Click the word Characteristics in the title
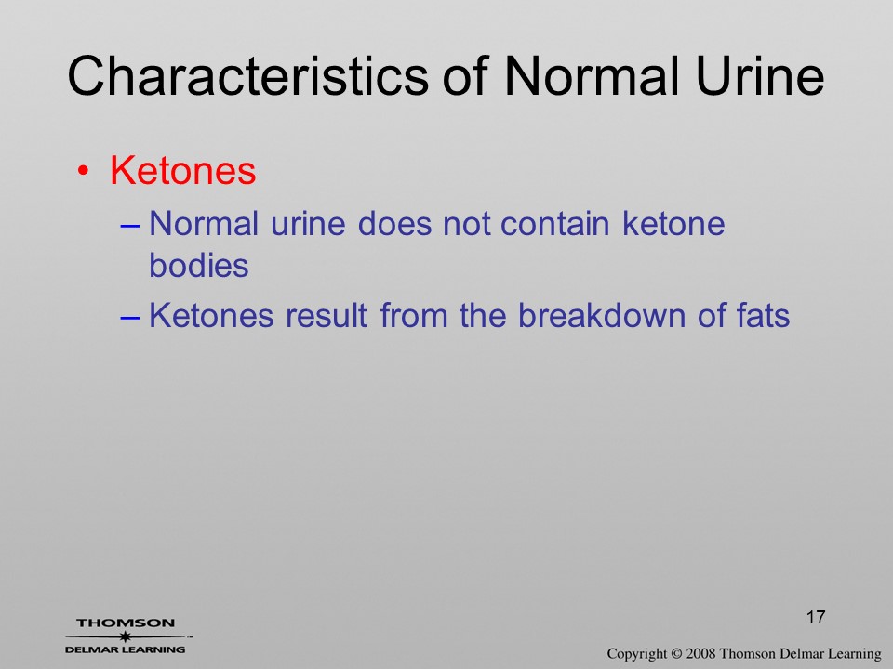[x=247, y=75]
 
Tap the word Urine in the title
[x=760, y=75]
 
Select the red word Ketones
[x=183, y=170]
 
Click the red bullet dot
[x=83, y=171]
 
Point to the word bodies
[x=199, y=265]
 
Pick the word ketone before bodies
[x=673, y=223]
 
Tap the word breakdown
[x=602, y=315]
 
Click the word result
[x=326, y=315]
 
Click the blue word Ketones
[x=211, y=315]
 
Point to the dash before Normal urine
[x=130, y=225]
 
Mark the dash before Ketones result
[x=130, y=317]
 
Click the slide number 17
[x=816, y=617]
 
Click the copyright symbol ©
[x=676, y=653]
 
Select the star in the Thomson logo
[x=125, y=636]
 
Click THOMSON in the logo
[x=126, y=623]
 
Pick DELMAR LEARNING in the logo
[x=126, y=649]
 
